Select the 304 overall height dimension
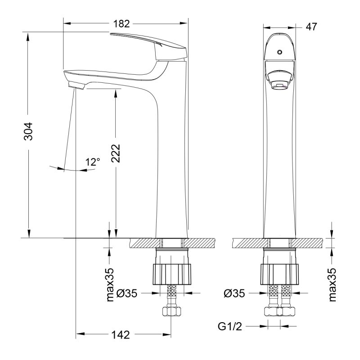tap(28, 131)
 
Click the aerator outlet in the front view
tap(279, 84)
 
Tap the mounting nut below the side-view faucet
tap(173, 272)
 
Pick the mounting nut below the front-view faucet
tap(279, 272)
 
